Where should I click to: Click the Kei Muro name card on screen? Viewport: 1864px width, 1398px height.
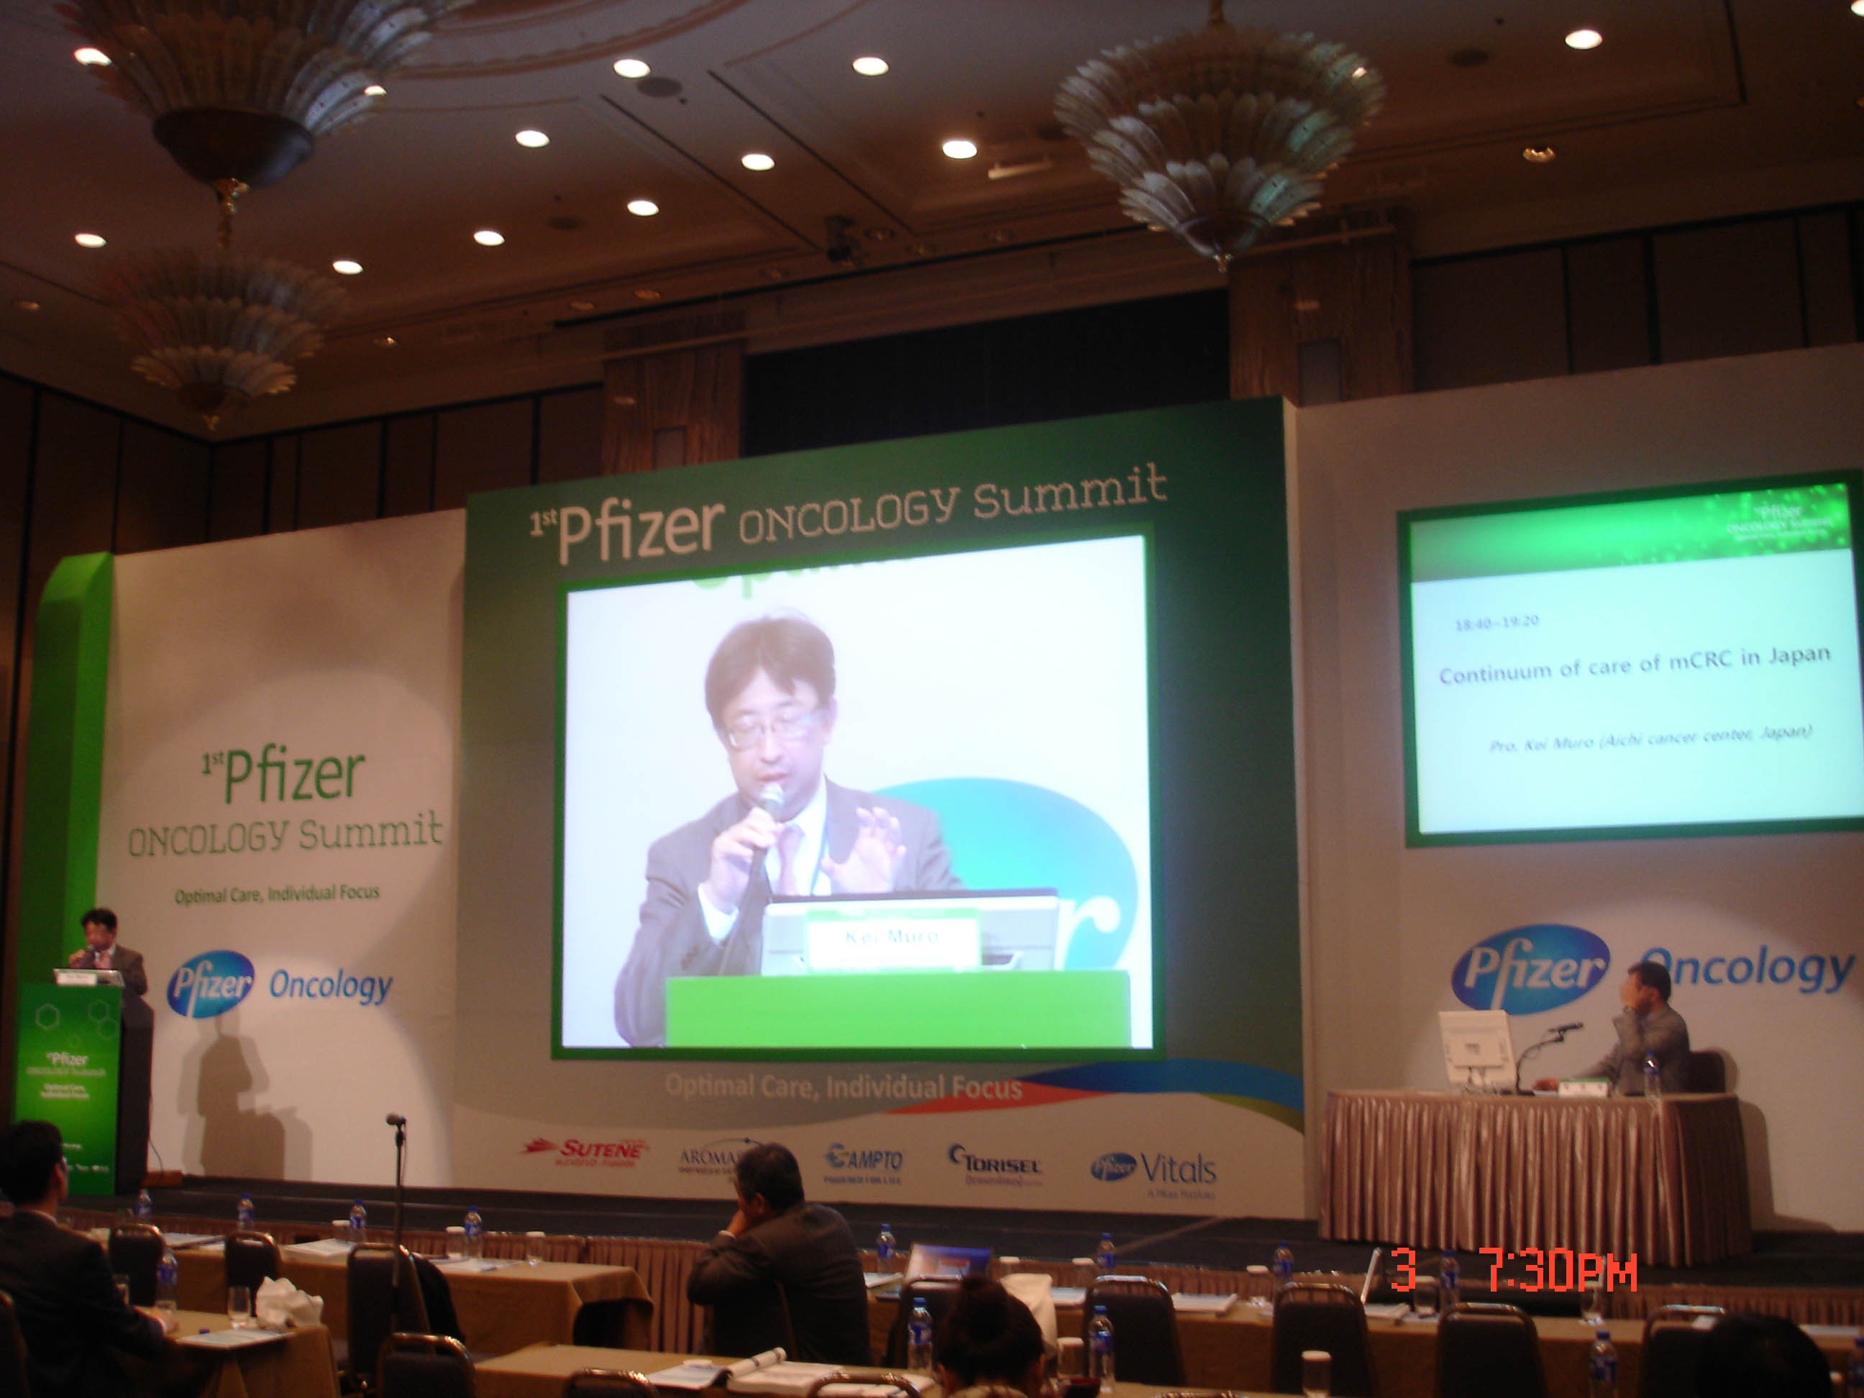click(x=892, y=936)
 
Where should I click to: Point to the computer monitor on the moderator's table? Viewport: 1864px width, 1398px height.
click(x=1475, y=1050)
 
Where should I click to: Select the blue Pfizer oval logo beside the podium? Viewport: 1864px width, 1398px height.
click(x=211, y=983)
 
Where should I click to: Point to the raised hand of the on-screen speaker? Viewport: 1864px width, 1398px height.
click(x=868, y=851)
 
